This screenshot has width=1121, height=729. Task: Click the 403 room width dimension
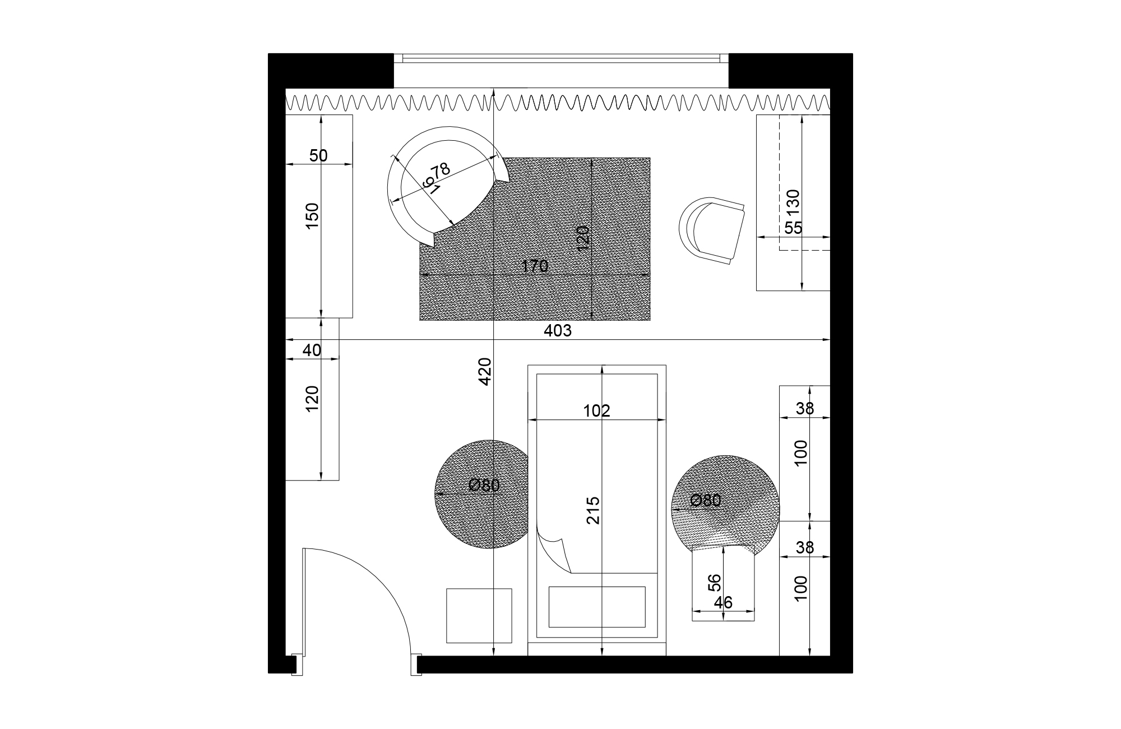click(x=558, y=331)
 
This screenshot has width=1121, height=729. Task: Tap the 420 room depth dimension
click(x=485, y=371)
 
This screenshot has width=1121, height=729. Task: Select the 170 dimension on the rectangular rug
click(x=535, y=266)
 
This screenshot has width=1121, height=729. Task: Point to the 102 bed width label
click(x=596, y=411)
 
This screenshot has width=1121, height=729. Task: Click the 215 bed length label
click(x=593, y=510)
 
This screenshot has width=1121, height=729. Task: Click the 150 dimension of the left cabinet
click(x=312, y=215)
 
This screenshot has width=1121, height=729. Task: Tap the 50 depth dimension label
click(x=318, y=156)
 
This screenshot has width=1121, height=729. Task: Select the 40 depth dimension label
click(x=312, y=350)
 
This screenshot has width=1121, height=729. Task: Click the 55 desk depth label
click(x=793, y=228)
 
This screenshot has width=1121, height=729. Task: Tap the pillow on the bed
click(x=596, y=607)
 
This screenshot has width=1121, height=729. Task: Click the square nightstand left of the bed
click(x=479, y=615)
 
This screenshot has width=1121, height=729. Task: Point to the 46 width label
click(x=724, y=602)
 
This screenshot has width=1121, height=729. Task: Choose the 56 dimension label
click(x=714, y=583)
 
